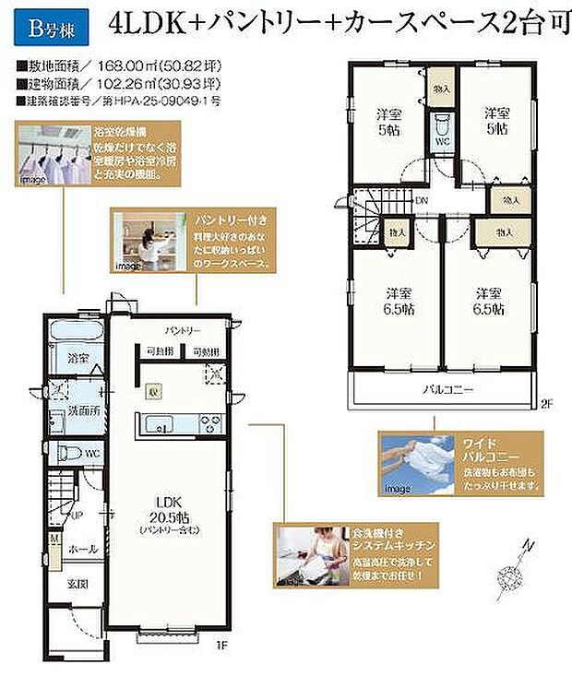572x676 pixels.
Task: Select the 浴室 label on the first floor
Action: coord(77,358)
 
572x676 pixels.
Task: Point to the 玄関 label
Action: coord(77,585)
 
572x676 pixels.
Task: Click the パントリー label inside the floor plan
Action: coord(183,329)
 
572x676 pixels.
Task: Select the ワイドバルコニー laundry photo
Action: coord(419,464)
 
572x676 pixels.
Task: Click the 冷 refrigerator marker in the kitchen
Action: coord(156,389)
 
